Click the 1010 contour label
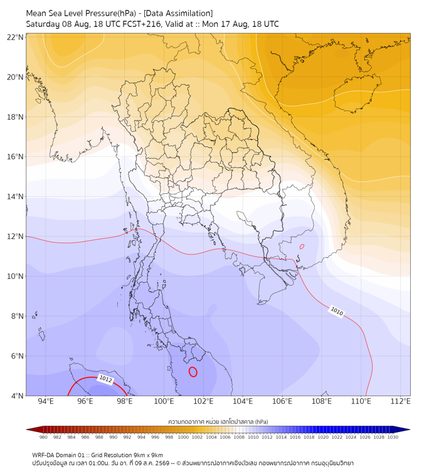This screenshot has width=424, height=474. [x=337, y=311]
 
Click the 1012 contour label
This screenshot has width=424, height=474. [x=105, y=379]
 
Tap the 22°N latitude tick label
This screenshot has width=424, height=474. [x=15, y=37]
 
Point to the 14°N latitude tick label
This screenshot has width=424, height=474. [x=15, y=196]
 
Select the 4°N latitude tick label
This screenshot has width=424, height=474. [x=17, y=396]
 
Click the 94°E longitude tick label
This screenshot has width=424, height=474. [x=46, y=401]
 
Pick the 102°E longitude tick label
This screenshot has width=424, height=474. [x=203, y=401]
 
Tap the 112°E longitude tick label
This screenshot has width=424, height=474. [x=400, y=401]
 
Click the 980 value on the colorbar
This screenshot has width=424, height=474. [x=43, y=437]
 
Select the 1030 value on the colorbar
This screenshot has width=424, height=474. [x=393, y=437]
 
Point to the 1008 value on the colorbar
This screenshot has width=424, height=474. [x=239, y=437]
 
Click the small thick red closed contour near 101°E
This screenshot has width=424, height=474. [x=193, y=372]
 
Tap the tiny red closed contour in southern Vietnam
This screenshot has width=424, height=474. [x=302, y=246]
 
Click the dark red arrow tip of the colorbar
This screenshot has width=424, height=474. [x=27, y=429]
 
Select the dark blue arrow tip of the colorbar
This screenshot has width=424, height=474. [x=409, y=429]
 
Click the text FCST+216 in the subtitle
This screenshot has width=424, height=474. [x=141, y=24]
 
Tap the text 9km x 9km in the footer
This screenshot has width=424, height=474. [x=148, y=455]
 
